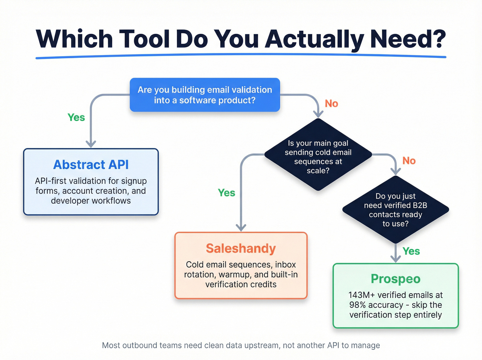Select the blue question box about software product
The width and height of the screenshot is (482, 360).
coord(205,95)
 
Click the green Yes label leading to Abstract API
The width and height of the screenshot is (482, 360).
coord(76,117)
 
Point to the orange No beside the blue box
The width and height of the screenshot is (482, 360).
coord(331,104)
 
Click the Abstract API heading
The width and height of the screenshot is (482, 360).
coord(91,165)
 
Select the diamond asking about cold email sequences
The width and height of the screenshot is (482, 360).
coord(318,155)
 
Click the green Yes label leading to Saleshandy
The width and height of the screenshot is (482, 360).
coord(227,193)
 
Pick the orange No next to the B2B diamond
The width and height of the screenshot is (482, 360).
coord(409,161)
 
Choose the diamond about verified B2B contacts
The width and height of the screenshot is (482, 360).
coord(396,209)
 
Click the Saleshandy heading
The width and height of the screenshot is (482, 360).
coord(241,248)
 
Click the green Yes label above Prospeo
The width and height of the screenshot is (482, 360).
coord(411,251)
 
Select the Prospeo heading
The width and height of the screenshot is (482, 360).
coord(396,279)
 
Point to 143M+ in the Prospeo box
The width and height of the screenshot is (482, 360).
coord(361,295)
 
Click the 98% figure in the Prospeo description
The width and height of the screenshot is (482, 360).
coord(357,305)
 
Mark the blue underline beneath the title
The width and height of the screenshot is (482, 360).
coord(241,56)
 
